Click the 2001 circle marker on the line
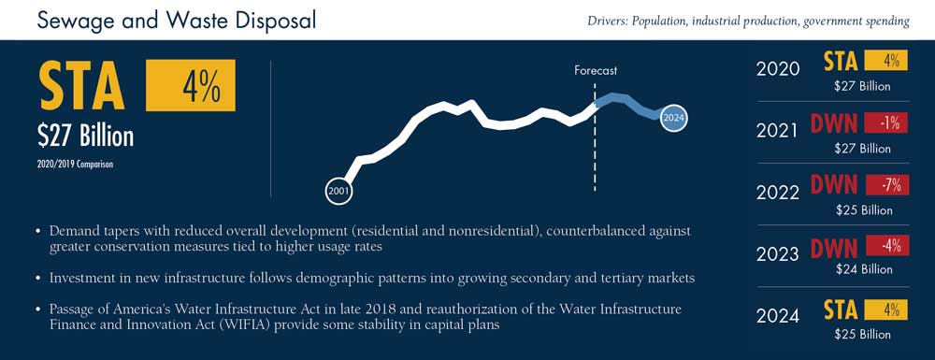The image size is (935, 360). [338, 192]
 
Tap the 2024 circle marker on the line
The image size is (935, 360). [673, 118]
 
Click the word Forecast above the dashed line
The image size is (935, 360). [596, 70]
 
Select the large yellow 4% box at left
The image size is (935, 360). [190, 85]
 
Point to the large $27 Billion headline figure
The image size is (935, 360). [85, 137]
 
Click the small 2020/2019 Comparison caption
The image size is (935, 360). [75, 165]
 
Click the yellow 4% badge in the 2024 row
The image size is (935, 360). [886, 310]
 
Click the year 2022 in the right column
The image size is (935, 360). [778, 193]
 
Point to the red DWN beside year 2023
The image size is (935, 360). [834, 248]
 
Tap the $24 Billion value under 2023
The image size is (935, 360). [863, 269]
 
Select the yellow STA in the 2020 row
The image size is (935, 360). [841, 60]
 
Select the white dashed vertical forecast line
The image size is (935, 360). [595, 137]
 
